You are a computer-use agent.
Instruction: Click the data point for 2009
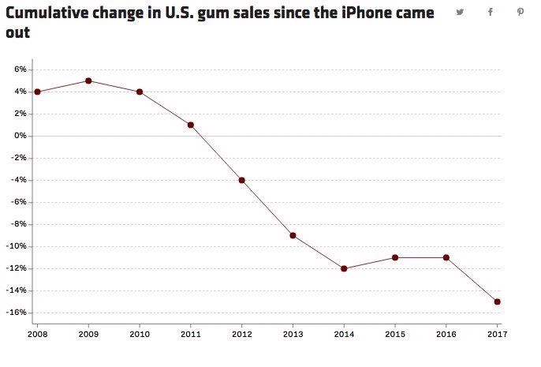[88, 81]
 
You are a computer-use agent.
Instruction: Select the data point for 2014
[344, 268]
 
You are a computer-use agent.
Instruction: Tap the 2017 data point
[498, 301]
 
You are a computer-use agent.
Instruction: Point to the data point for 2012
[241, 180]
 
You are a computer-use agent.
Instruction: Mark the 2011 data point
[191, 125]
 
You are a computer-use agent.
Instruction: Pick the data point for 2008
[37, 92]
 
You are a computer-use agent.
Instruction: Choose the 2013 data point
[293, 235]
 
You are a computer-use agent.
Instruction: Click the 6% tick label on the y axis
[21, 69]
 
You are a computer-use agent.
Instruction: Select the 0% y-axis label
[21, 136]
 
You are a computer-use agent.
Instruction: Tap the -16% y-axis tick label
[17, 313]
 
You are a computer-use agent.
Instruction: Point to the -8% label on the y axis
[19, 224]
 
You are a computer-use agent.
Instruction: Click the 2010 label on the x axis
[140, 335]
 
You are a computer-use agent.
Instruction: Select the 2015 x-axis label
[395, 335]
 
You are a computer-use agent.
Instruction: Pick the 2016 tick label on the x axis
[446, 335]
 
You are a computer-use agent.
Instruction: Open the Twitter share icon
[461, 12]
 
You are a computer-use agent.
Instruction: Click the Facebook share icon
[491, 12]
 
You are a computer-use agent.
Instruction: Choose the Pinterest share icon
[520, 12]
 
